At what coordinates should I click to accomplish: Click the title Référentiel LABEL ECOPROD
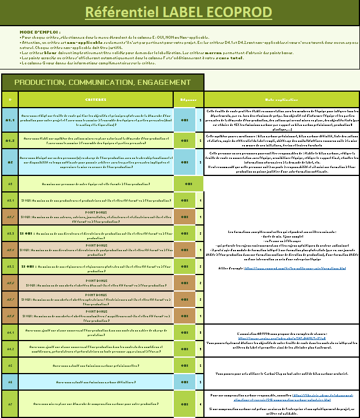click(x=179, y=13)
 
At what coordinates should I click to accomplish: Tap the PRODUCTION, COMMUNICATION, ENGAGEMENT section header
click(x=103, y=83)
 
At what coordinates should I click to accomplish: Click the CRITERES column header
click(x=95, y=100)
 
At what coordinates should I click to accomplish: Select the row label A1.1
click(x=10, y=120)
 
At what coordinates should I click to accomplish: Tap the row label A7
click(x=10, y=404)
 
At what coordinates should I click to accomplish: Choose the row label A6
click(x=10, y=382)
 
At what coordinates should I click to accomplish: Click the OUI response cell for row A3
click(x=189, y=184)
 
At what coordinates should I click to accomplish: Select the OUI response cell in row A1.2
click(x=185, y=140)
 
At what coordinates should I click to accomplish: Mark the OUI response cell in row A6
click(x=185, y=382)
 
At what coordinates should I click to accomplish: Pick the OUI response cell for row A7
click(x=185, y=404)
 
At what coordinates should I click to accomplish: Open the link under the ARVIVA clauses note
click(x=281, y=338)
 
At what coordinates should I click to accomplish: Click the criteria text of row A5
click(x=95, y=365)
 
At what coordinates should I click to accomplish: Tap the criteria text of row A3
click(x=95, y=184)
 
